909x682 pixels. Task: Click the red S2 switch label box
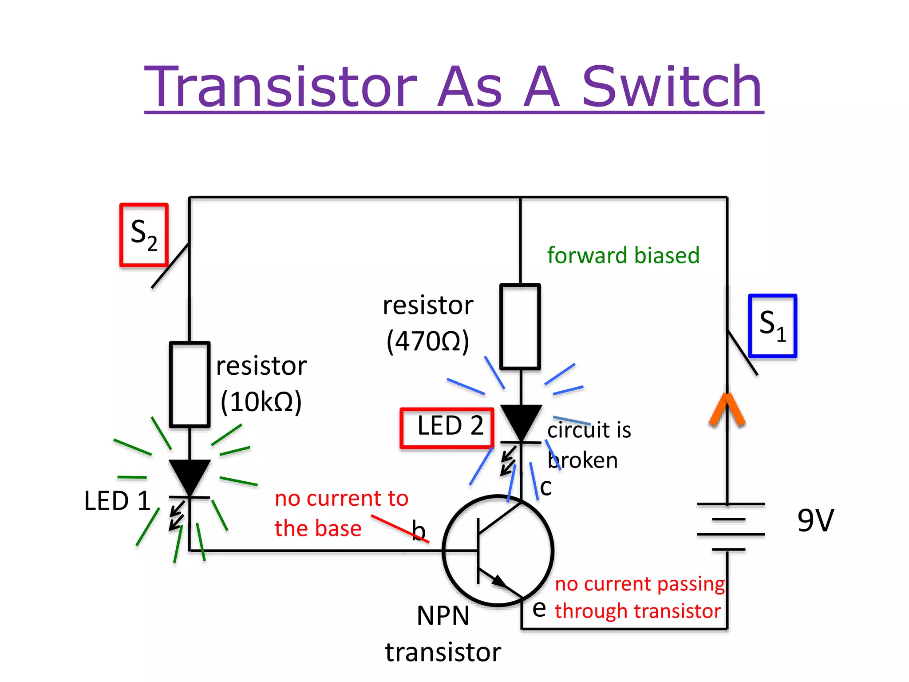[x=144, y=235]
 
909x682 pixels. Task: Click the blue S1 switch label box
[x=773, y=326]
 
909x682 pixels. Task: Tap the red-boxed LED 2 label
[x=447, y=428]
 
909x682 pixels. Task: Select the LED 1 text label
[x=117, y=501]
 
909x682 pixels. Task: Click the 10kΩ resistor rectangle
[x=190, y=384]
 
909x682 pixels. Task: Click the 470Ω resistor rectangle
[x=520, y=327]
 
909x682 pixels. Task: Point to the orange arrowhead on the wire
[x=727, y=408]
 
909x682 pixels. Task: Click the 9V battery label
[x=815, y=520]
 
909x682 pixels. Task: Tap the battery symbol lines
[x=730, y=527]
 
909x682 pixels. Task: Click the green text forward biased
[x=623, y=256]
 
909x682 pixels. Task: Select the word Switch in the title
[x=672, y=87]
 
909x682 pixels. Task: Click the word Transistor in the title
[x=281, y=87]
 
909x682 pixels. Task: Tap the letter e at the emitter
[x=539, y=608]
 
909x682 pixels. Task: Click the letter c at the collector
[x=546, y=488]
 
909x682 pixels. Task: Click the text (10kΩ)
[x=261, y=402]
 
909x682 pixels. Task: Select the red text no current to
[x=341, y=499]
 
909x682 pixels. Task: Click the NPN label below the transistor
[x=443, y=616]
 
